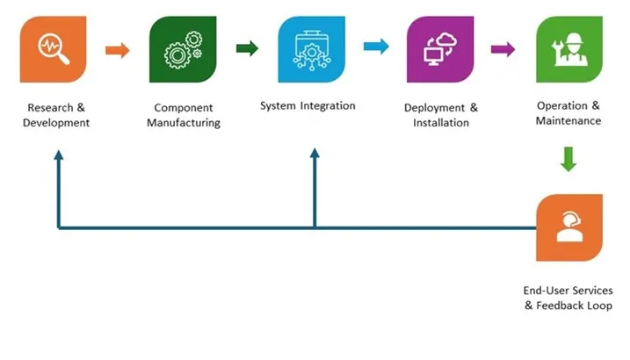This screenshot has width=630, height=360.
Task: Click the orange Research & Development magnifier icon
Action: pyautogui.click(x=54, y=49)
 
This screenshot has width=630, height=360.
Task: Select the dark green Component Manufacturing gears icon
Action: pyautogui.click(x=183, y=49)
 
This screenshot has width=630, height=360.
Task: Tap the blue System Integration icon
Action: pyautogui.click(x=311, y=49)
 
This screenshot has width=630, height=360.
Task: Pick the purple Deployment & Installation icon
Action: pyautogui.click(x=440, y=49)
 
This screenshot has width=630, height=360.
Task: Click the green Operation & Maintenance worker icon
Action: pyautogui.click(x=568, y=49)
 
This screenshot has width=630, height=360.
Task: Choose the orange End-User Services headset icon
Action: pyautogui.click(x=568, y=227)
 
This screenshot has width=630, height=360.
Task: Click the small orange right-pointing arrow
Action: pyautogui.click(x=117, y=49)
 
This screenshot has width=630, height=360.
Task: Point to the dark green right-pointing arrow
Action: pyautogui.click(x=247, y=48)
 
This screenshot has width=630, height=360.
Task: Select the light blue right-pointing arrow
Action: pyautogui.click(x=375, y=47)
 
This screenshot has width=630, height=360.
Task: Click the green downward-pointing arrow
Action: pyautogui.click(x=568, y=159)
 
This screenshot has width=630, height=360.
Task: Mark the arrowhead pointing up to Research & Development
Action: pyautogui.click(x=59, y=155)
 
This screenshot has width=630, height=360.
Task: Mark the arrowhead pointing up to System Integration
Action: pyautogui.click(x=315, y=155)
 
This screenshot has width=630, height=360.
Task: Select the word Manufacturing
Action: pyautogui.click(x=183, y=123)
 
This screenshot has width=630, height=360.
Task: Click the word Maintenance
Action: pyautogui.click(x=568, y=120)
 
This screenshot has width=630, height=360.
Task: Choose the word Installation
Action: pyautogui.click(x=441, y=123)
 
